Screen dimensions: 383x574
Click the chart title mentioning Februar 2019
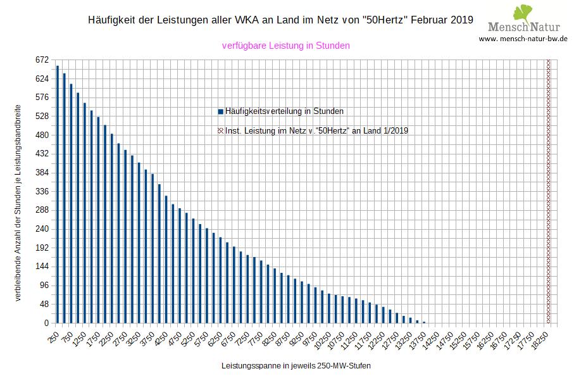pyautogui.click(x=279, y=20)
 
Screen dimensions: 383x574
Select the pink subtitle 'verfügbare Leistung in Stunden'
pyautogui.click(x=286, y=46)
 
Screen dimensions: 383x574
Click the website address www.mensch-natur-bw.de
pyautogui.click(x=523, y=39)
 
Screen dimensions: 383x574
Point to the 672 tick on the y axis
pyautogui.click(x=42, y=60)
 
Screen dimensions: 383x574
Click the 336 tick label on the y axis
pyautogui.click(x=42, y=191)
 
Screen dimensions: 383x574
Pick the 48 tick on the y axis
pyautogui.click(x=44, y=304)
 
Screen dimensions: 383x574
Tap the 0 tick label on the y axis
pyautogui.click(x=46, y=323)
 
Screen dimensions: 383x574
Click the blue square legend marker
pyautogui.click(x=220, y=111)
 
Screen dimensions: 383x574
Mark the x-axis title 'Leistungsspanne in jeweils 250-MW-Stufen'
pyautogui.click(x=296, y=367)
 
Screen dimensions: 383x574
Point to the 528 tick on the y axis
pyautogui.click(x=42, y=116)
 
